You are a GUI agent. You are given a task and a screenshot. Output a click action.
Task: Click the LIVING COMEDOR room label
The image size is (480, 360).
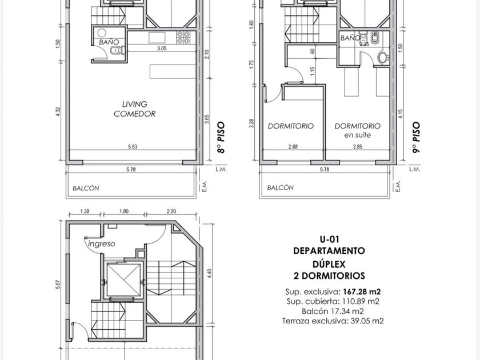(x=135, y=109)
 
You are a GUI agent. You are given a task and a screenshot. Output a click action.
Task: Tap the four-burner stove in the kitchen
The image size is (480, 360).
(x=183, y=38)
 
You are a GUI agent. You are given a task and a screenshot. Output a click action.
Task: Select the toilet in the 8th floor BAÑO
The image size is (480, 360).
(x=118, y=50)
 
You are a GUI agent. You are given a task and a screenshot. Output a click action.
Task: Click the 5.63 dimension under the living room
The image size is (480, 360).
(x=133, y=147)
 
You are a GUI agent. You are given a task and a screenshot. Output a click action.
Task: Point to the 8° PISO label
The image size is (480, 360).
(x=221, y=138)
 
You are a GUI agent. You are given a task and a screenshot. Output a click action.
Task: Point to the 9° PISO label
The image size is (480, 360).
(x=416, y=138)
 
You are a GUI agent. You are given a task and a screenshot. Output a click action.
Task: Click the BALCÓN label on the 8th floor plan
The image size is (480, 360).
(x=86, y=188)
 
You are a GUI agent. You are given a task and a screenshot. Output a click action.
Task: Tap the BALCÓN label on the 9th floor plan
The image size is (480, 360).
(x=281, y=187)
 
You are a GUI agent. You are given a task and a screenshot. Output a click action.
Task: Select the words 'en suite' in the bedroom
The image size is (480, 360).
(x=358, y=135)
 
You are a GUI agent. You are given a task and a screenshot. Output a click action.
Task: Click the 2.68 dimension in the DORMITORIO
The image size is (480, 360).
(x=293, y=147)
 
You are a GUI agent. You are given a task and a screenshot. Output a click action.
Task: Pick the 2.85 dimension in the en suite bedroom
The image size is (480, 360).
(x=358, y=147)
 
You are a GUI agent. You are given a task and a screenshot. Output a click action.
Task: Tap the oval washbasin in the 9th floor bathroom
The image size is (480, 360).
(x=383, y=58)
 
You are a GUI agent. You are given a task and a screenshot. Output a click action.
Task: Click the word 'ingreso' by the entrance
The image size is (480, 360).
(x=102, y=244)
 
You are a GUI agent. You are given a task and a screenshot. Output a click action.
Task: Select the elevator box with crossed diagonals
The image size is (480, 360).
(x=123, y=280)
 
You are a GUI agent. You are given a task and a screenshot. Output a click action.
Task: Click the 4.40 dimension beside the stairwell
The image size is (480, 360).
(x=209, y=274)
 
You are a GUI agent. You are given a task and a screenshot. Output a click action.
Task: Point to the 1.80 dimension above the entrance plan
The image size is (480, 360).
(x=123, y=211)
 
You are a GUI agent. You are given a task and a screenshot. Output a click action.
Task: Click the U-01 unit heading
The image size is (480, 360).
(x=329, y=239)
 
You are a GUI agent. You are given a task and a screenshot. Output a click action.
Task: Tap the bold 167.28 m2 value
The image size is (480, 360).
(x=362, y=292)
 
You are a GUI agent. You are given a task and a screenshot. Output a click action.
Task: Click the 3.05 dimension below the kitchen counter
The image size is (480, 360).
(x=162, y=49)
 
